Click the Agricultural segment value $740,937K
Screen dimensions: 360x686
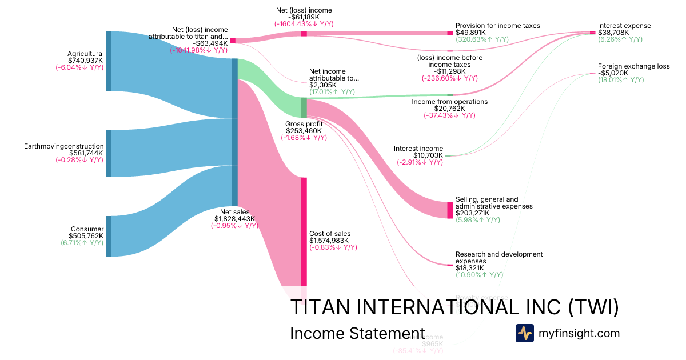tap(85, 60)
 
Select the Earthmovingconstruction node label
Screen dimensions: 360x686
tap(63, 146)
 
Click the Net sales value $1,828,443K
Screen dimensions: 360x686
tap(234, 218)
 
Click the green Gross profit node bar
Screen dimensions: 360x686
tap(304, 107)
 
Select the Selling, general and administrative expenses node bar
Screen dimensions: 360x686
tap(450, 210)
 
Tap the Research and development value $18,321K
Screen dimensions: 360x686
tap(470, 267)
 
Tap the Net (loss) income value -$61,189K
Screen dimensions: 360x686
tap(304, 17)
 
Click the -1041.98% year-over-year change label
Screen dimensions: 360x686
tap(198, 50)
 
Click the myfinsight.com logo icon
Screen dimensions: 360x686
tap(525, 333)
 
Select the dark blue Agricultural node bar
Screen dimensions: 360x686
tap(109, 61)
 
